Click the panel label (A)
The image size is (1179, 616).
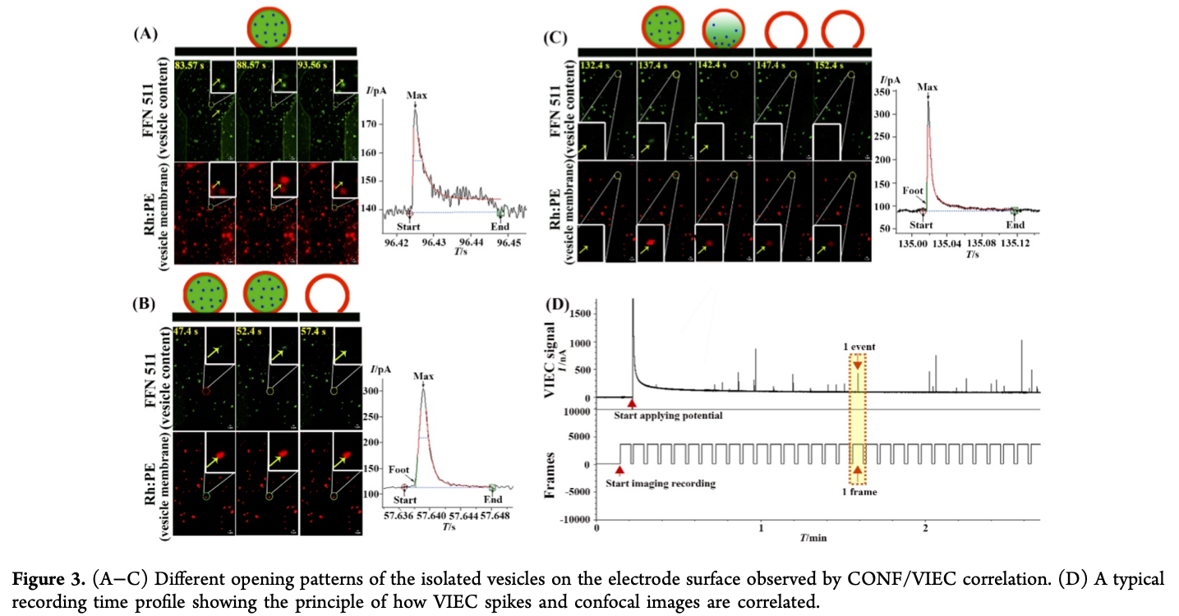tap(145, 34)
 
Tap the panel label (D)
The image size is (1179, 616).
tap(558, 306)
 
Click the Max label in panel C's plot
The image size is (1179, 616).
tap(928, 86)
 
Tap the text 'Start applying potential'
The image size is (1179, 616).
tap(668, 416)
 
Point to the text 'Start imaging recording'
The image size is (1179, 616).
tap(661, 483)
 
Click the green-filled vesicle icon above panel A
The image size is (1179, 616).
tap(266, 24)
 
